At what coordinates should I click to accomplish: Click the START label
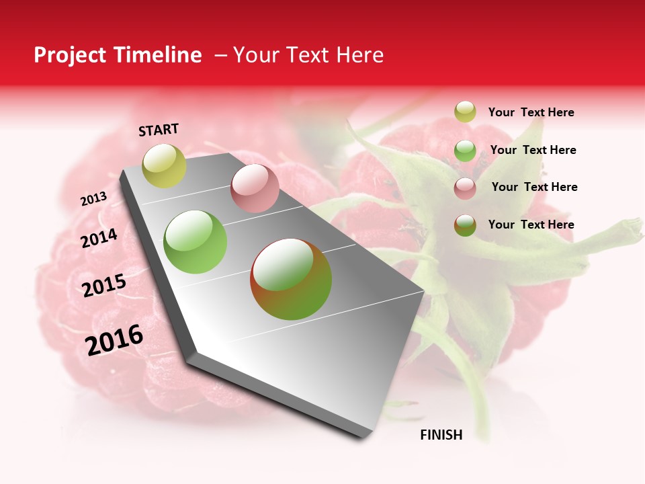click(x=159, y=130)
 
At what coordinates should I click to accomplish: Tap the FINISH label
click(x=441, y=435)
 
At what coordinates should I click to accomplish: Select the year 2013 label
click(x=94, y=199)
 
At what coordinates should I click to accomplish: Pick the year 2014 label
click(x=99, y=238)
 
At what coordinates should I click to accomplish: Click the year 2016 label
click(x=114, y=340)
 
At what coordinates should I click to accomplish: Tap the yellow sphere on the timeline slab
click(x=164, y=166)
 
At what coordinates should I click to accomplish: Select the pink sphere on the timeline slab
click(x=255, y=188)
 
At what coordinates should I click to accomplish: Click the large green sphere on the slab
click(x=196, y=242)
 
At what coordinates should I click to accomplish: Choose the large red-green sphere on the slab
click(x=291, y=279)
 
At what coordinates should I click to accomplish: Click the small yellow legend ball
click(x=465, y=112)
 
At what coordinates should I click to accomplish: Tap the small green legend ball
click(x=465, y=151)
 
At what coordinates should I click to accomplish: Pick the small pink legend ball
click(x=465, y=188)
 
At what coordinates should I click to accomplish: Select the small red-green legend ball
click(x=465, y=226)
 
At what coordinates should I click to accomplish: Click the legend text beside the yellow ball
click(x=531, y=113)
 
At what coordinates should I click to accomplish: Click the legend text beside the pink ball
click(x=534, y=187)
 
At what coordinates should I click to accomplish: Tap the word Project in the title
click(x=69, y=55)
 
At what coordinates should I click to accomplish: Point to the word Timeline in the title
click(x=160, y=55)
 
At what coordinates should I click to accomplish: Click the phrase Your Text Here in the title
click(x=308, y=55)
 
